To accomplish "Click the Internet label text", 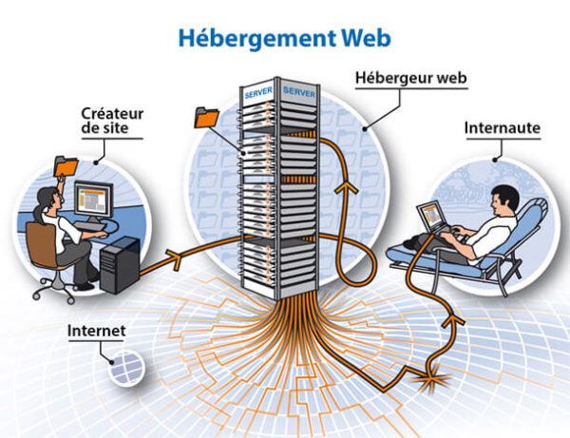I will coord(95,333).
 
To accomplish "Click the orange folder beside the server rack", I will coord(205,118).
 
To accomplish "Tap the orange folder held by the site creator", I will coord(64,163).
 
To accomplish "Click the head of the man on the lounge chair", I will coord(505,200).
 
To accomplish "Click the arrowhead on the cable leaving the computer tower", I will coord(173,255).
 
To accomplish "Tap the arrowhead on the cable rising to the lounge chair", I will coord(457,323).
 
